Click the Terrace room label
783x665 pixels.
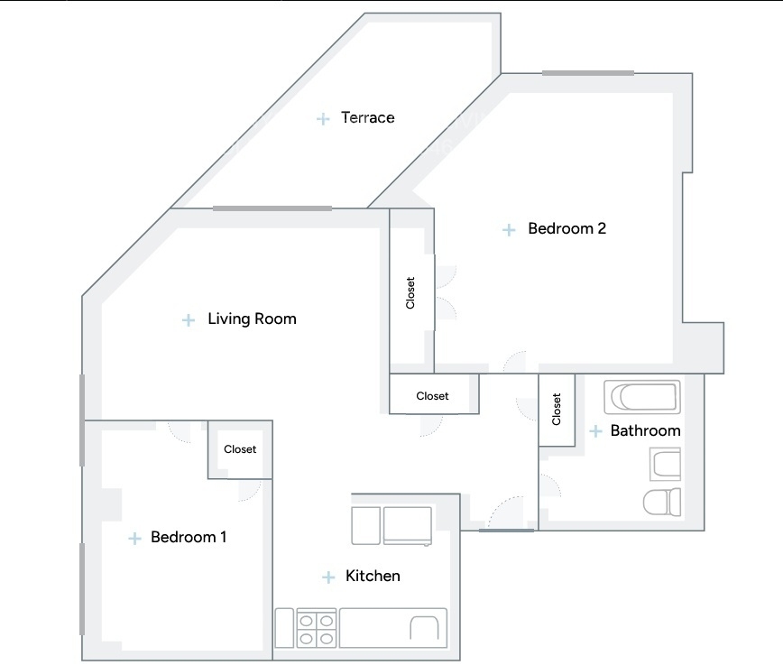(367, 117)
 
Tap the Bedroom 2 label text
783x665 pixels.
(567, 228)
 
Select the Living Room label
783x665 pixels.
(253, 319)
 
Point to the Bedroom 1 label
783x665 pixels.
(189, 537)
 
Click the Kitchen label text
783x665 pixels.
(373, 576)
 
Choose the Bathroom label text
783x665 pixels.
(645, 430)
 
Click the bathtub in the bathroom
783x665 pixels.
(642, 397)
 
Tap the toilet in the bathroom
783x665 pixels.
(662, 502)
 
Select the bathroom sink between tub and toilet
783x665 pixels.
(665, 464)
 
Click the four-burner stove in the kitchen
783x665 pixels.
(316, 628)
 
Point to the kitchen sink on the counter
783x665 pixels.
(425, 628)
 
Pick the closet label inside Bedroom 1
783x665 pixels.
(240, 449)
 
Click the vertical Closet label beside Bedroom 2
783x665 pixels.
(410, 292)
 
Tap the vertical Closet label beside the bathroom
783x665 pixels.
(557, 409)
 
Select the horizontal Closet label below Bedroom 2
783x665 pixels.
(432, 396)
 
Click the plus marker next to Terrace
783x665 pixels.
(323, 119)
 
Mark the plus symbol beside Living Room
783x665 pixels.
(189, 319)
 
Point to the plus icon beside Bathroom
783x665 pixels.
(595, 431)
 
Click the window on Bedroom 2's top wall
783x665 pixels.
(588, 73)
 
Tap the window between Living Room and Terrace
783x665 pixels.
(272, 208)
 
